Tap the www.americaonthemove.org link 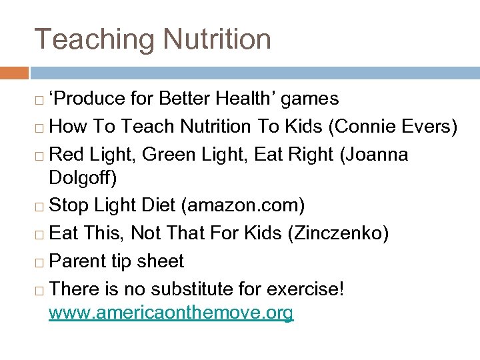[171, 313]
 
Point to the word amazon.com [243, 205]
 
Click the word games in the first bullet [310, 99]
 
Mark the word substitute [207, 289]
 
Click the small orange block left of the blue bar [14, 72]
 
